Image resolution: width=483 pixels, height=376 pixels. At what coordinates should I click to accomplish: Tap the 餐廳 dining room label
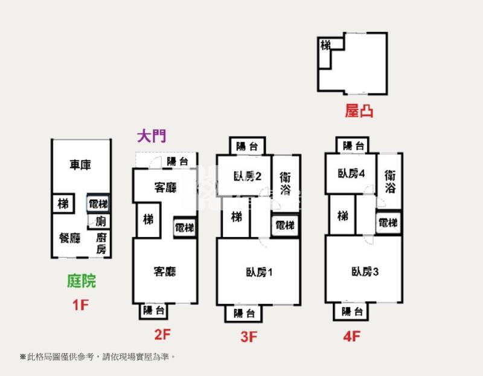pos(69,238)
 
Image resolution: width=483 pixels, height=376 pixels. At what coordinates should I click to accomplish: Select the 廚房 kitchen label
pos(101,243)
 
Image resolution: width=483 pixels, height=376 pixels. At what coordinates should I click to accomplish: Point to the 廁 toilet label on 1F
pos(100,221)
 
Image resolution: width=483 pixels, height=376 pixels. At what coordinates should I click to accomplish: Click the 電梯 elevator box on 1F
pos(98,204)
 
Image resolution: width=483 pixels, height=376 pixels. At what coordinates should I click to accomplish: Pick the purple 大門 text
pos(151,136)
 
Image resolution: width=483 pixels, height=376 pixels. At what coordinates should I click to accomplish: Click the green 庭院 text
pos(81,280)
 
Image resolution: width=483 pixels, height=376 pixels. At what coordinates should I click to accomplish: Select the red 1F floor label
pos(81,305)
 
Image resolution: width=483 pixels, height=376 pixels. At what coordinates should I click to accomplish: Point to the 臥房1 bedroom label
pos(259,271)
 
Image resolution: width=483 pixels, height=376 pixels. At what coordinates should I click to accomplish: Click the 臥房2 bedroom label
pos(247,177)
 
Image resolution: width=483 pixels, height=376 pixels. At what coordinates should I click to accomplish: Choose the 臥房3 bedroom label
pos(364,271)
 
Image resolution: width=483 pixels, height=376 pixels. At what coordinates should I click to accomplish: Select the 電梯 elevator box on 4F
pos(388,223)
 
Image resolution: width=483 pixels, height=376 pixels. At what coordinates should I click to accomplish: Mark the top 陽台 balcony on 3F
pos(246,146)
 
